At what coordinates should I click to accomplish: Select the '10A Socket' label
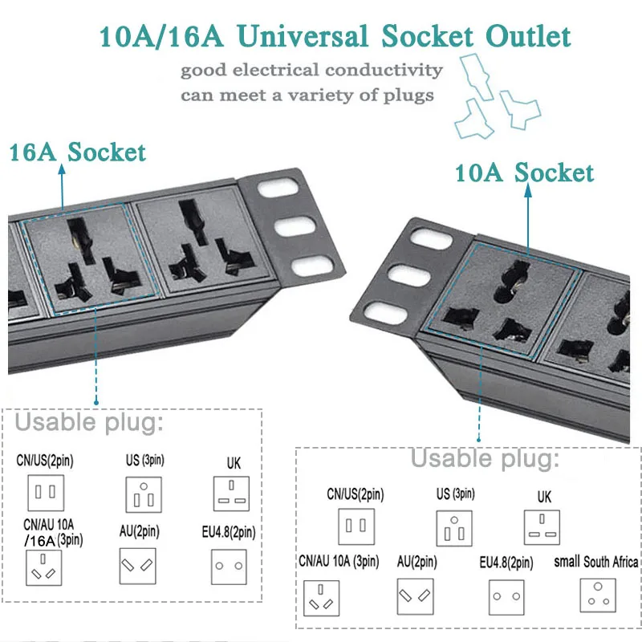coord(524,172)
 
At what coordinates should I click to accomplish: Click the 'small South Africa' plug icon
coord(598,595)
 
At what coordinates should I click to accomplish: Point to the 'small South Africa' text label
coord(596,561)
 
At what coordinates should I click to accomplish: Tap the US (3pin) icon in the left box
coord(144,494)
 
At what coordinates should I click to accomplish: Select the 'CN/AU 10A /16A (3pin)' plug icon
coord(46,567)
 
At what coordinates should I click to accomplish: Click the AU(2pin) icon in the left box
coord(137,566)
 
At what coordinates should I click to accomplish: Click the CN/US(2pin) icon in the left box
coord(46,492)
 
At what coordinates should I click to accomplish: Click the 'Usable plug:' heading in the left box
coord(89,422)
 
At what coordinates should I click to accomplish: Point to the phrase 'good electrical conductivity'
coord(311,71)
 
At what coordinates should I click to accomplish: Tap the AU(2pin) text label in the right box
coord(416,562)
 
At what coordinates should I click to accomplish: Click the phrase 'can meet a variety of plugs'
coord(307,95)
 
